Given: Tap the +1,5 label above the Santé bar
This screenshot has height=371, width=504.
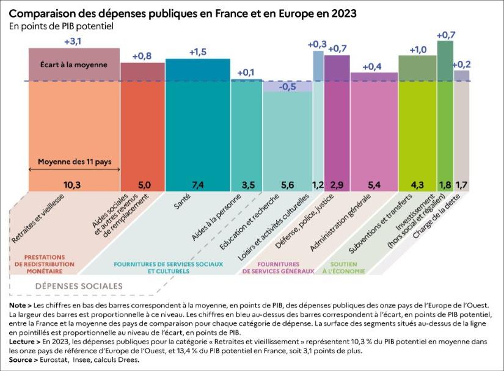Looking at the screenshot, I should (x=197, y=52).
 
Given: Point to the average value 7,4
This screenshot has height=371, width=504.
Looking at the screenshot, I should (x=197, y=184).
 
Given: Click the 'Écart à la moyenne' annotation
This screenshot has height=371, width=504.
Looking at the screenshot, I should (x=74, y=64).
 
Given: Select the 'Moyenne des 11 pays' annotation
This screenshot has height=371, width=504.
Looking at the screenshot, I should (x=74, y=162).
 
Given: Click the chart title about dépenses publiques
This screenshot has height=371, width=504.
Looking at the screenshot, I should (x=183, y=12).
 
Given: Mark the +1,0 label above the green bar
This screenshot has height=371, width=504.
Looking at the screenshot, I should (x=418, y=49).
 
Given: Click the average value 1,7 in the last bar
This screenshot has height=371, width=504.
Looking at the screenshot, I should (x=462, y=184).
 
